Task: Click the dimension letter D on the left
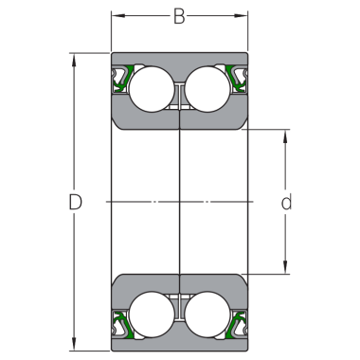(x=76, y=202)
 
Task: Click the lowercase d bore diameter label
(x=285, y=202)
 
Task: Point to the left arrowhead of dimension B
(x=116, y=15)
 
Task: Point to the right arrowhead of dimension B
(x=243, y=15)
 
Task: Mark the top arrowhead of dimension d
(x=284, y=134)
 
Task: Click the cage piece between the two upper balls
(x=178, y=95)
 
